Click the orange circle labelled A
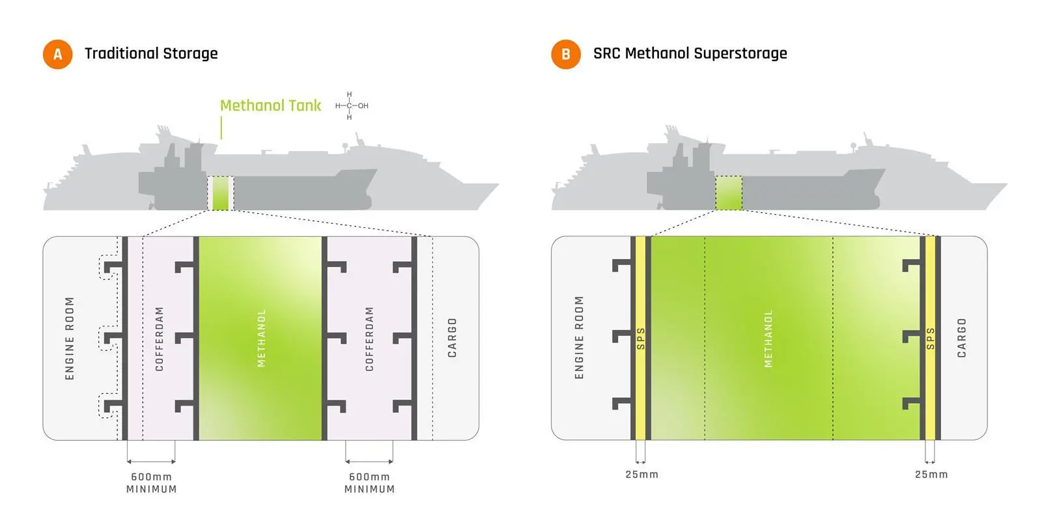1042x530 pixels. (x=58, y=55)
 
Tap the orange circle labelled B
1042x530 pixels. (x=566, y=55)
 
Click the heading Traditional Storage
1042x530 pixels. (x=151, y=53)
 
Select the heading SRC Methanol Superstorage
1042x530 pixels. (x=690, y=53)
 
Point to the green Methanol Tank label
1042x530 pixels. (x=270, y=105)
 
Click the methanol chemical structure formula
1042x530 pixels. (x=351, y=106)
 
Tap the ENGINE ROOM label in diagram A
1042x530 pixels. (x=70, y=338)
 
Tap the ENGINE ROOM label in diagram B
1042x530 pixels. (x=579, y=337)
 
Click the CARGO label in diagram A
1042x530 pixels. (x=452, y=338)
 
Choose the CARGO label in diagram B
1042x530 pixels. (x=961, y=338)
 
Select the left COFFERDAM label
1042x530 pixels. (x=159, y=339)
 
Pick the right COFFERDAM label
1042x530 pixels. (x=369, y=339)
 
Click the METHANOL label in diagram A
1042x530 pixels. (x=261, y=338)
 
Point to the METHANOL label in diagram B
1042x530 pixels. (x=768, y=339)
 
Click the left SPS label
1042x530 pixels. (x=641, y=339)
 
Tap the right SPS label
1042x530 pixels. (x=931, y=339)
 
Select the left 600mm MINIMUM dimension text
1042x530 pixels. (x=152, y=483)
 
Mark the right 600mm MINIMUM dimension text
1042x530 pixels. (x=370, y=483)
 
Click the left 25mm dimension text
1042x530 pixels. (x=642, y=475)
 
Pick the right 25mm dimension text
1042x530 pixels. (x=931, y=475)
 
